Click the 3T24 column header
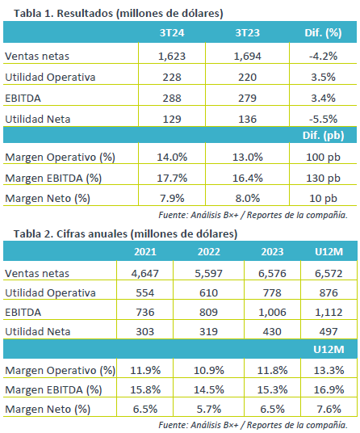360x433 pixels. click(172, 32)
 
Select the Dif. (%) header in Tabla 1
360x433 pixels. click(323, 33)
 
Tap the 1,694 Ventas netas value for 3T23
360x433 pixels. click(248, 57)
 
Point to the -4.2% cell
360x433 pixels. click(323, 57)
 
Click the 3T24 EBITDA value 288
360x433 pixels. click(172, 99)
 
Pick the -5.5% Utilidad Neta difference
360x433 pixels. click(323, 120)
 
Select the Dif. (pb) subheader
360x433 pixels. click(324, 136)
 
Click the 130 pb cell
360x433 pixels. click(323, 179)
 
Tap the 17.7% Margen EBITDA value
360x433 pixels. click(172, 178)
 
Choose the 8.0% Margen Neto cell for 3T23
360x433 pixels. click(248, 198)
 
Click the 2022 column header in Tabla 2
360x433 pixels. click(209, 251)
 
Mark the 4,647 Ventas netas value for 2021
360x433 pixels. click(145, 273)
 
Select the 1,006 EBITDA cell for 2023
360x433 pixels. click(272, 312)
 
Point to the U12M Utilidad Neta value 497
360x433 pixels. click(329, 331)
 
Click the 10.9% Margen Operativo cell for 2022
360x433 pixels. click(209, 370)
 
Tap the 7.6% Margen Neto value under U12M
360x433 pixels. click(329, 409)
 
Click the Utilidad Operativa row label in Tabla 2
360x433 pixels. click(50, 293)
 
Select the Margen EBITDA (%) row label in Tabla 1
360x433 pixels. click(53, 179)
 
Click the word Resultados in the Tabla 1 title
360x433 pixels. click(85, 13)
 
